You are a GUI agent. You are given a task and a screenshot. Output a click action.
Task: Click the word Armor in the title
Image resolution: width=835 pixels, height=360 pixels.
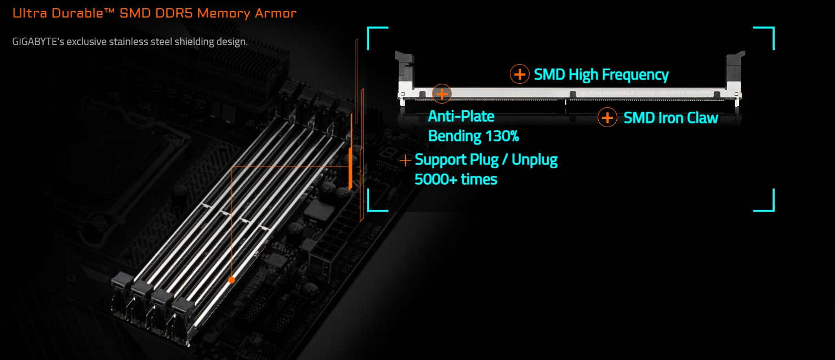pyautogui.click(x=276, y=13)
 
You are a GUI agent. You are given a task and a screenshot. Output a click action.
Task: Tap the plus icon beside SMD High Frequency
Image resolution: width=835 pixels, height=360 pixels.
pyautogui.click(x=519, y=74)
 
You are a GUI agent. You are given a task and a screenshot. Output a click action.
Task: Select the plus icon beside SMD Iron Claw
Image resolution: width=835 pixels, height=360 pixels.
pyautogui.click(x=607, y=117)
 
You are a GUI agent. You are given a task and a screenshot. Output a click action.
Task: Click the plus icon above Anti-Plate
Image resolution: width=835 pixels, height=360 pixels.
pyautogui.click(x=442, y=94)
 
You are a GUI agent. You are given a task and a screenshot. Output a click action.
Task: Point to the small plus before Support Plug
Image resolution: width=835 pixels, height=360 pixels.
pyautogui.click(x=405, y=161)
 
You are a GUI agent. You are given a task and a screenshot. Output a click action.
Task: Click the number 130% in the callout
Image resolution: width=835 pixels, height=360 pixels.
pyautogui.click(x=499, y=135)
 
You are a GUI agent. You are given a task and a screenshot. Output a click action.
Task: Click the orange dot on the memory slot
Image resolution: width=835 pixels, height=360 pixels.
pyautogui.click(x=231, y=279)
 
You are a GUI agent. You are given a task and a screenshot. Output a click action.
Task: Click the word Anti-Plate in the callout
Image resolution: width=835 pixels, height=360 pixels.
pyautogui.click(x=461, y=116)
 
